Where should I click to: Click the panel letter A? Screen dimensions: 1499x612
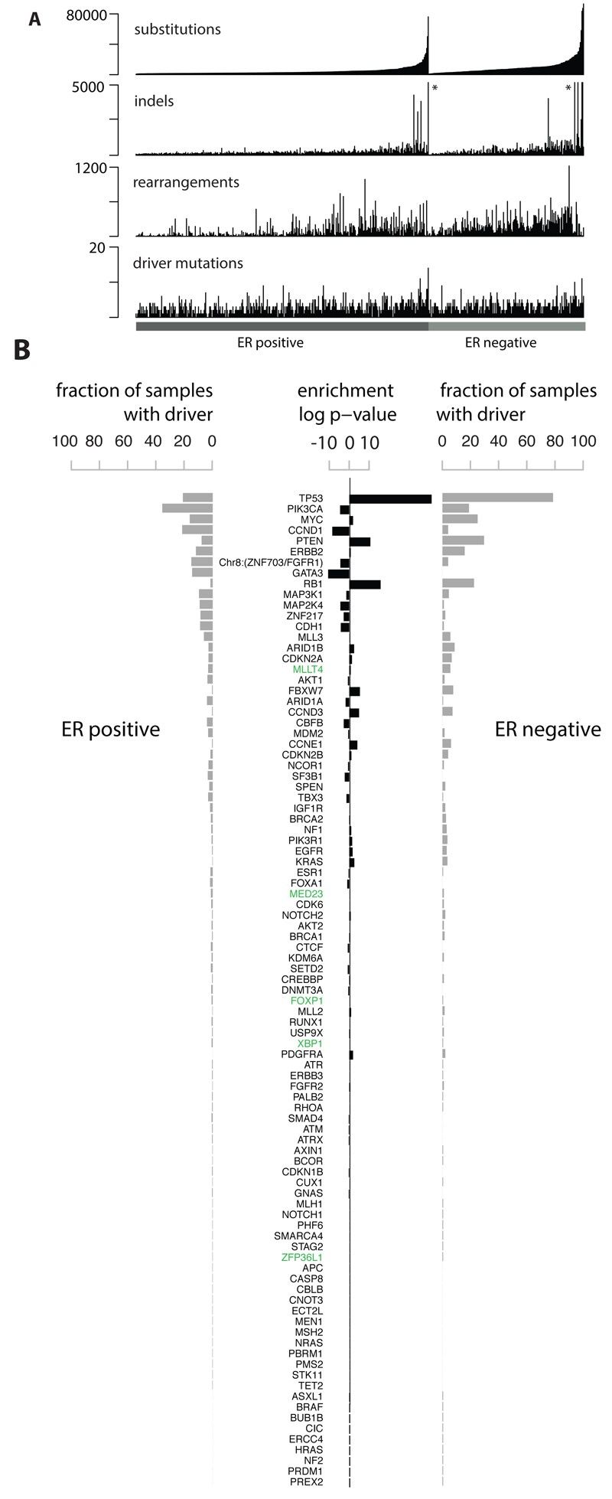tap(34, 18)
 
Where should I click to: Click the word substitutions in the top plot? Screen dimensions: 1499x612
tap(177, 30)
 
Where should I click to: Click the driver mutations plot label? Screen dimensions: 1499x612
tap(188, 263)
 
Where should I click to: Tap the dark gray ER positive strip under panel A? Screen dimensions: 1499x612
tap(282, 326)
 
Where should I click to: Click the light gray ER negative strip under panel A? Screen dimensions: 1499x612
tap(506, 326)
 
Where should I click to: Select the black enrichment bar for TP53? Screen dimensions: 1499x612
tap(390, 498)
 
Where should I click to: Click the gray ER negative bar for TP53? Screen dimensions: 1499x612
tap(497, 498)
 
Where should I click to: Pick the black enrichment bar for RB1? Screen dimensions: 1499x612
tap(365, 584)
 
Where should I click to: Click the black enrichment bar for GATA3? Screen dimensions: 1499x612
tap(339, 573)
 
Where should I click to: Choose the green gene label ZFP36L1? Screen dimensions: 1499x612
tap(301, 1257)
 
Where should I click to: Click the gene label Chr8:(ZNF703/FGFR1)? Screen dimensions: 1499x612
tap(271, 563)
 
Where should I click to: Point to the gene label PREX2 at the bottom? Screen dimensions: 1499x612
tap(307, 1482)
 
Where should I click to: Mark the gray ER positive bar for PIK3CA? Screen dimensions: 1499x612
tap(187, 509)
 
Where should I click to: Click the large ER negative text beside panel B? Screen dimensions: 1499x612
tap(547, 730)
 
